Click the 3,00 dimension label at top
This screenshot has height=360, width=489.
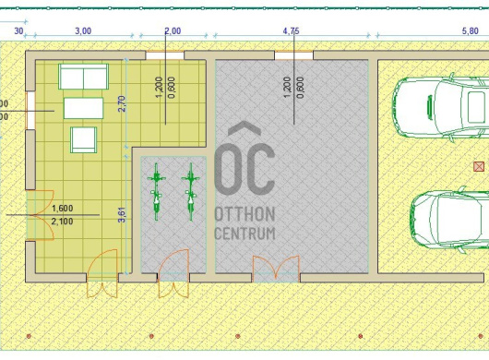[x=83, y=31]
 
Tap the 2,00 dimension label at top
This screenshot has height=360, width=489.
[x=173, y=31]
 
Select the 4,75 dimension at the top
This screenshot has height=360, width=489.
[x=291, y=31]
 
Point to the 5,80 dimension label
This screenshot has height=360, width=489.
[x=470, y=31]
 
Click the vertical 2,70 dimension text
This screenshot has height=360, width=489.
[x=122, y=103]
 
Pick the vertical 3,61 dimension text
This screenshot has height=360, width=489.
[x=122, y=215]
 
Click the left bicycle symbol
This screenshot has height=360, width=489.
[x=157, y=192]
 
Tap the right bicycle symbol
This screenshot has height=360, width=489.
[x=191, y=192]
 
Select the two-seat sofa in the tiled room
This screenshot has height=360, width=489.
[x=83, y=77]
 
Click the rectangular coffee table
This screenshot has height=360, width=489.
[x=83, y=108]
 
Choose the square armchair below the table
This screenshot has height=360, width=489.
[x=83, y=139]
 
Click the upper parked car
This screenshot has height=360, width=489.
[x=440, y=106]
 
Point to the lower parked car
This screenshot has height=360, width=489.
[x=449, y=220]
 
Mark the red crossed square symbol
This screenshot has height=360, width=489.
[x=479, y=166]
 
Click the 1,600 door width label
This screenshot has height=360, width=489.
[x=63, y=209]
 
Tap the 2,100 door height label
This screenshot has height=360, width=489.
[x=63, y=222]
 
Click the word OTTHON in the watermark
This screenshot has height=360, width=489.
[x=245, y=214]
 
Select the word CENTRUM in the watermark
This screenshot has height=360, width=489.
[x=245, y=233]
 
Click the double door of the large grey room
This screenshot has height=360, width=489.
[x=276, y=269]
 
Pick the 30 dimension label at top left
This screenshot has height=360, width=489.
[x=18, y=31]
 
